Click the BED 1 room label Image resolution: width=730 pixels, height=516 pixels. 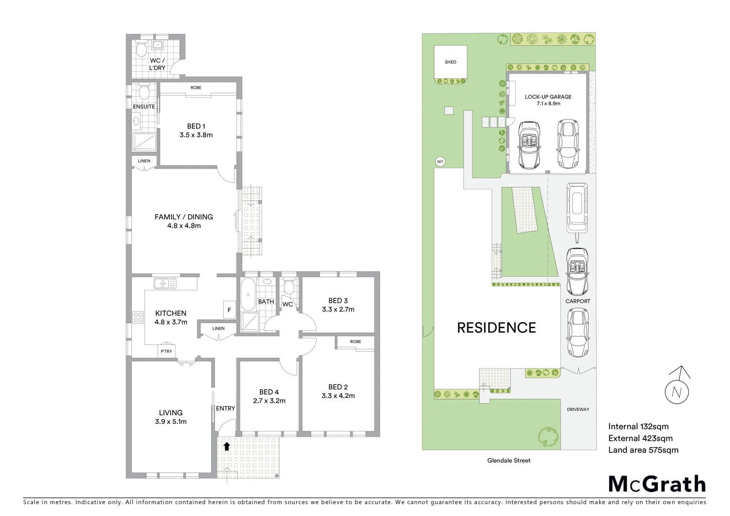tap(196, 126)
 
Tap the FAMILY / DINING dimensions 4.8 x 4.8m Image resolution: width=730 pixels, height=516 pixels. tap(184, 226)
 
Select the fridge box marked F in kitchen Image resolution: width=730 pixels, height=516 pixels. tap(229, 310)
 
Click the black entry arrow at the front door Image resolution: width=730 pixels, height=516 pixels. tap(227, 446)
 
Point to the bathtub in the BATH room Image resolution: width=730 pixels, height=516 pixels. tap(248, 294)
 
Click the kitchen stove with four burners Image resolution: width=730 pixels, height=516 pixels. tap(138, 317)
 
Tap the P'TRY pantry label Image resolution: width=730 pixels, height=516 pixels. tap(166, 351)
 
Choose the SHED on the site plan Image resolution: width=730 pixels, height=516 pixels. tap(450, 62)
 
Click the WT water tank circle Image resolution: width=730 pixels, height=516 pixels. tap(440, 162)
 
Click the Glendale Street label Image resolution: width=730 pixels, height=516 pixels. tap(509, 461)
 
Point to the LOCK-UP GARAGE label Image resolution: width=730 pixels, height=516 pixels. tap(548, 97)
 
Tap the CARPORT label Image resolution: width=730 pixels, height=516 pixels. tap(578, 301)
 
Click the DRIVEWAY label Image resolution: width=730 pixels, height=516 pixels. tap(578, 409)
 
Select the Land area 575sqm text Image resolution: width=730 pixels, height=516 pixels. tap(643, 450)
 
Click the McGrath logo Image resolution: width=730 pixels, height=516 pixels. tap(657, 484)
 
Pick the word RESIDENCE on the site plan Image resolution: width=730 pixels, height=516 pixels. tap(496, 328)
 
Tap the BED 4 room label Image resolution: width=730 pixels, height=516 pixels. tap(269, 392)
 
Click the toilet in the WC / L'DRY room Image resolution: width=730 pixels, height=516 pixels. tap(141, 49)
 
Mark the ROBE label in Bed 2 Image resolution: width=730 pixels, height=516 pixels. tap(355, 342)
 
